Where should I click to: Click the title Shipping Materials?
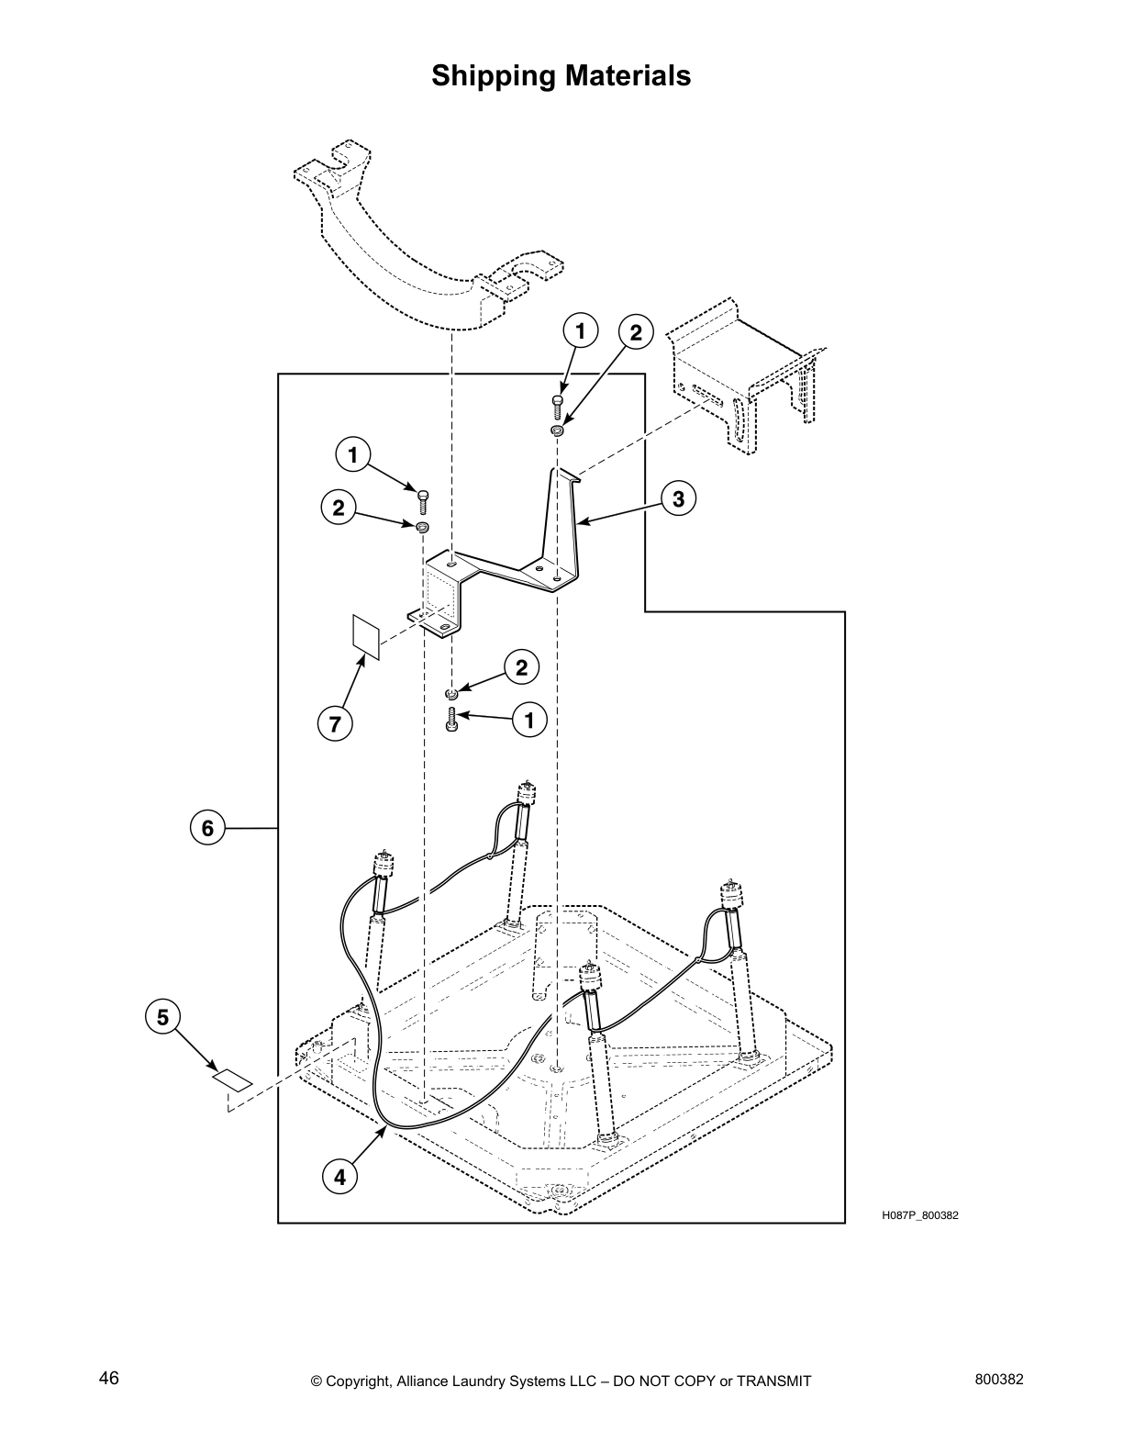561,75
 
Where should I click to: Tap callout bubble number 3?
678,499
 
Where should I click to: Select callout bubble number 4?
339,1177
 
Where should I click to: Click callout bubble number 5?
162,1017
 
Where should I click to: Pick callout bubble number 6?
207,829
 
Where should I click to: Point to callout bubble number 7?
335,724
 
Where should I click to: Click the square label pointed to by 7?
366,636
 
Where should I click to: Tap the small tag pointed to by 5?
233,1079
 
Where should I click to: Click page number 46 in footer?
109,1377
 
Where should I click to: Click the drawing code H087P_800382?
919,1215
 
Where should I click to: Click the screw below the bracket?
450,719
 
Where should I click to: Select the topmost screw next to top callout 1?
557,403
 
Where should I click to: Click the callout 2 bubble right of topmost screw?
636,332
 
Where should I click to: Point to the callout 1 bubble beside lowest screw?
528,720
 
